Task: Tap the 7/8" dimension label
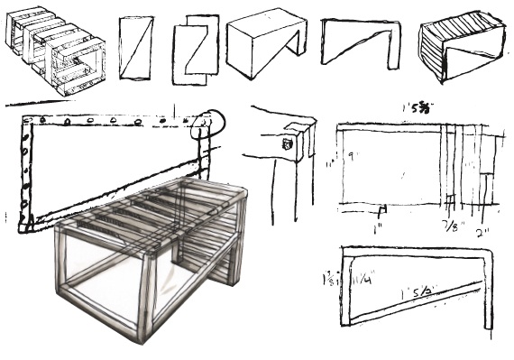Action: pos(448,223)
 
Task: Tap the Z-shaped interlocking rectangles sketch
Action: pos(196,51)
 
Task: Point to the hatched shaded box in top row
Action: pos(460,49)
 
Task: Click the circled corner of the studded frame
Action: pos(209,122)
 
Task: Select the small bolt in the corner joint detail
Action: pos(289,143)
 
